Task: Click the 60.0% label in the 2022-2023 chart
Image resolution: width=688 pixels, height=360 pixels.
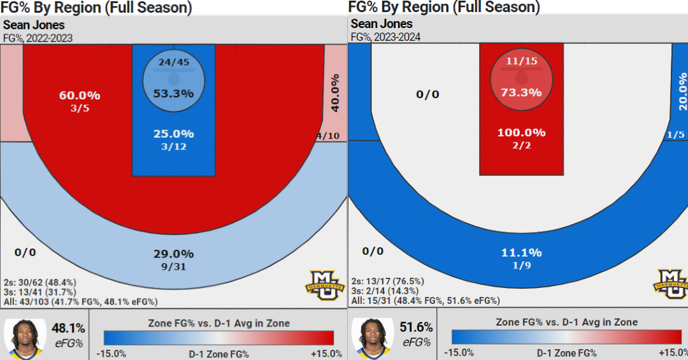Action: pyautogui.click(x=80, y=96)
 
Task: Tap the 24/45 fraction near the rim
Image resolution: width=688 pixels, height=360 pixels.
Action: pyautogui.click(x=173, y=62)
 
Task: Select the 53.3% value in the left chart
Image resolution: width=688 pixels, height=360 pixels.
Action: pyautogui.click(x=173, y=93)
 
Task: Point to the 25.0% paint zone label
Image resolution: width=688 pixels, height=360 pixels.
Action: pyautogui.click(x=173, y=134)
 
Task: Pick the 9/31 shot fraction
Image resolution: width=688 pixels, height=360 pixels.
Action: pyautogui.click(x=173, y=267)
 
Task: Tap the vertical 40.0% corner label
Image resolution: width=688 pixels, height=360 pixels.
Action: pyautogui.click(x=335, y=92)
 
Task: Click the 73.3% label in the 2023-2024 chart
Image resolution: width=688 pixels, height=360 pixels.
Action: pyautogui.click(x=521, y=92)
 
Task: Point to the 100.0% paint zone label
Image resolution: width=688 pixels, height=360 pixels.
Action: pyautogui.click(x=521, y=133)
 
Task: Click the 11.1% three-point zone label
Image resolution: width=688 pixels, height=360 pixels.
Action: pyautogui.click(x=521, y=253)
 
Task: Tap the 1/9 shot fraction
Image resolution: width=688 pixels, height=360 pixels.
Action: pyautogui.click(x=521, y=266)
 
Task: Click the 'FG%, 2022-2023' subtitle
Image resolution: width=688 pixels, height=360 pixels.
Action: pyautogui.click(x=38, y=38)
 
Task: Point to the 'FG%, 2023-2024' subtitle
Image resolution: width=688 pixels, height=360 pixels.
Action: pyautogui.click(x=385, y=37)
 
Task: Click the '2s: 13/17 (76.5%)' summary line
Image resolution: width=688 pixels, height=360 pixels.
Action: pyautogui.click(x=387, y=281)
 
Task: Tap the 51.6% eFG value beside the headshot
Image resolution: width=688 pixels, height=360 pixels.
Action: pyautogui.click(x=416, y=328)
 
